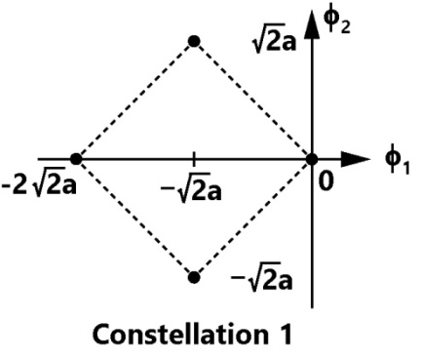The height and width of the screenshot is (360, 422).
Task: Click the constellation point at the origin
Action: tap(312, 159)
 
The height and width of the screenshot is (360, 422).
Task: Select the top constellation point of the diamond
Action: tap(194, 41)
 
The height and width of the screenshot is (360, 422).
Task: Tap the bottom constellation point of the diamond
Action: tap(194, 277)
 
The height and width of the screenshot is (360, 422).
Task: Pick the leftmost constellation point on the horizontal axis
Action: tap(76, 159)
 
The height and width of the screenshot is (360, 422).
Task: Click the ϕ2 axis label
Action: tap(337, 21)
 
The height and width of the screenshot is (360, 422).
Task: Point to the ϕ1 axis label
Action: tap(397, 160)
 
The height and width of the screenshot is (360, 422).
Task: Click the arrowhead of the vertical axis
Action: tap(312, 24)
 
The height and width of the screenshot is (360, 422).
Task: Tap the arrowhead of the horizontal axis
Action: tap(356, 159)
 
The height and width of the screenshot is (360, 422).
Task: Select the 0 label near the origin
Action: tap(326, 180)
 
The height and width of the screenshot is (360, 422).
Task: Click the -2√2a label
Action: tap(39, 184)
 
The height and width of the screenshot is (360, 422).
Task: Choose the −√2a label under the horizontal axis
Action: tap(191, 191)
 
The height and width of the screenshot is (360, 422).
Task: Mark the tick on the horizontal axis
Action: tap(194, 159)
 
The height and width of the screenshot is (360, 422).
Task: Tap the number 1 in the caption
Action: tap(286, 334)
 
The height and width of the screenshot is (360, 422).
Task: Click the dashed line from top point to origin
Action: tap(252, 100)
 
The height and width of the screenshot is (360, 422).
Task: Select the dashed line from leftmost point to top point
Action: tap(135, 100)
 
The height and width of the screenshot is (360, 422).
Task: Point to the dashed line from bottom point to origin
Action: tap(252, 219)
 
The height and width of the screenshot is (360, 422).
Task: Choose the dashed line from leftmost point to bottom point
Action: tap(135, 219)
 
